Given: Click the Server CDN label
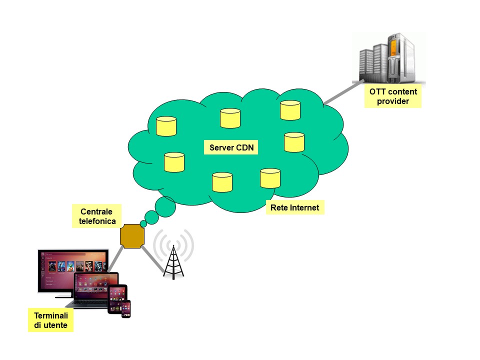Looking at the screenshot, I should pos(230,147).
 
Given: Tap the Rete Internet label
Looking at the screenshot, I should pos(294,207).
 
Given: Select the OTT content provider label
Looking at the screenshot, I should pos(393,96).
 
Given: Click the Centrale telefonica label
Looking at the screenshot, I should pos(97,216).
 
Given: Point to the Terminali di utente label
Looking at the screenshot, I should pos(51,321).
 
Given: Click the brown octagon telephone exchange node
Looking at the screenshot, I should pos(132,235).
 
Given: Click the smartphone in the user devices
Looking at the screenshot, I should pos(126,309).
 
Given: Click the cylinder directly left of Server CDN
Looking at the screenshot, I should pos(174,162).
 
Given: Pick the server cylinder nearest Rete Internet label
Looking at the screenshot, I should pos(270,178).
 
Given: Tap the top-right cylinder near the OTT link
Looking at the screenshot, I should pos(289,110).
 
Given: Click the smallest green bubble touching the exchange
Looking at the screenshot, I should pos(143,224).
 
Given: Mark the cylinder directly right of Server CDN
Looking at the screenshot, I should pos(294,142).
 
